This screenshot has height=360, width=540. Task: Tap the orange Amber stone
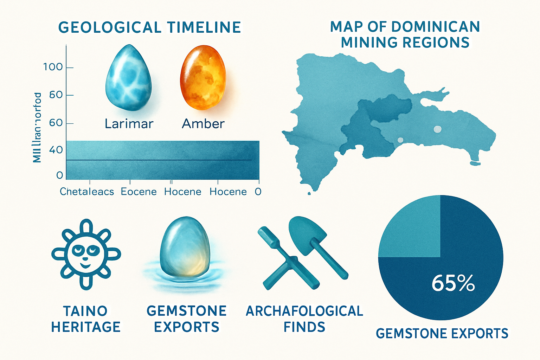coord(203,78)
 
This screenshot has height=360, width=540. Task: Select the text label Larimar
coord(129,124)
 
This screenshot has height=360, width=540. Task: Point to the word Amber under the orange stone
coord(203,124)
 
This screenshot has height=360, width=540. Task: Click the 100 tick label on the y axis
coord(53,67)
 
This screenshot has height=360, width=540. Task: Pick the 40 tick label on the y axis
coord(56,150)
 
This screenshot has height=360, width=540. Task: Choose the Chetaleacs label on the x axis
coord(87,192)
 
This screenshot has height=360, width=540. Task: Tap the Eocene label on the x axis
coord(139,192)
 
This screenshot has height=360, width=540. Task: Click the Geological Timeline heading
coord(149,27)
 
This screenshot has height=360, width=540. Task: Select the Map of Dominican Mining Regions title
coord(405,34)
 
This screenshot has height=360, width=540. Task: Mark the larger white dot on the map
coord(437,129)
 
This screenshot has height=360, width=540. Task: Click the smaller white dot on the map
coord(400,140)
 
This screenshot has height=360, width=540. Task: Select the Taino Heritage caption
coord(86,319)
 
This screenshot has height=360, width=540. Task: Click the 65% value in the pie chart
coord(453,283)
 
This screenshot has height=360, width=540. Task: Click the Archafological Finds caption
coord(304,319)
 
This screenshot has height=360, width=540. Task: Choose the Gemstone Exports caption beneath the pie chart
coord(442,333)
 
